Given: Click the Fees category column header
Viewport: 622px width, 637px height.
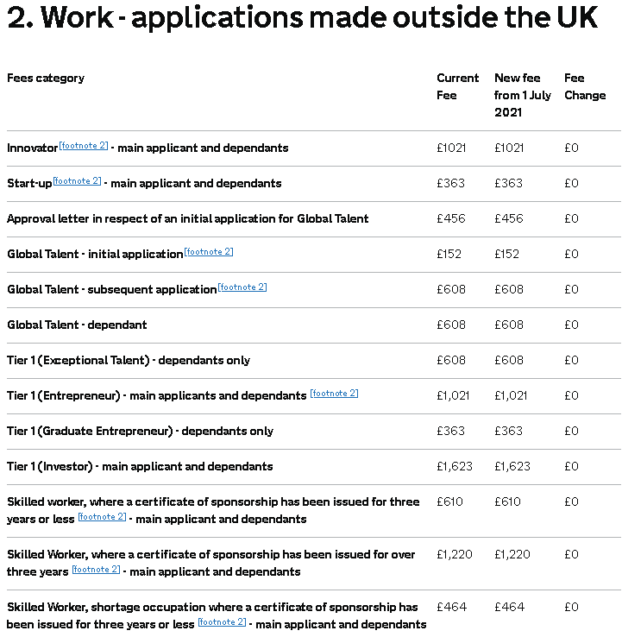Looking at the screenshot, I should pyautogui.click(x=46, y=79).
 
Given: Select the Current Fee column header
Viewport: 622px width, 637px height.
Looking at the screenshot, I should pyautogui.click(x=457, y=86).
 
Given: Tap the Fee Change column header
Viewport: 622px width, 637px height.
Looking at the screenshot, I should pyautogui.click(x=585, y=86).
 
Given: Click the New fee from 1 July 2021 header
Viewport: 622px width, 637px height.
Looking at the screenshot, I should pyautogui.click(x=522, y=95).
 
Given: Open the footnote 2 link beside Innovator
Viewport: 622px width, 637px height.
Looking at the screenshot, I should pyautogui.click(x=84, y=146).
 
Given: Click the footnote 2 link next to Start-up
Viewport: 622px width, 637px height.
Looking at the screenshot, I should pyautogui.click(x=77, y=181).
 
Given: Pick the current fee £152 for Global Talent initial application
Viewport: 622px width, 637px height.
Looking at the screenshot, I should pyautogui.click(x=449, y=255).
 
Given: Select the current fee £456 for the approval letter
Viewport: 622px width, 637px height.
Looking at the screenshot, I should pyautogui.click(x=450, y=219).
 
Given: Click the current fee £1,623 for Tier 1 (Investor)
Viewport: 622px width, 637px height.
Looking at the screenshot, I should pyautogui.click(x=455, y=467).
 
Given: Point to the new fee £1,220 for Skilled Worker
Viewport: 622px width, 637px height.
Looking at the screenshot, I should pyautogui.click(x=512, y=555).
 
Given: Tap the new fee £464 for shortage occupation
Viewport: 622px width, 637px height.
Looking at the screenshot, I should pyautogui.click(x=509, y=608).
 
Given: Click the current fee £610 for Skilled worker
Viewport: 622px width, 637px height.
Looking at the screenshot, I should pyautogui.click(x=450, y=502).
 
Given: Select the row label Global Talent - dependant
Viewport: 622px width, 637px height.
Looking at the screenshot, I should pyautogui.click(x=77, y=325).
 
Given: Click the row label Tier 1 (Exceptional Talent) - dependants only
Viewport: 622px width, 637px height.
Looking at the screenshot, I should pyautogui.click(x=129, y=361).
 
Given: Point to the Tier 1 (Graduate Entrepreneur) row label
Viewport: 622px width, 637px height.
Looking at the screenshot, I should pyautogui.click(x=140, y=432).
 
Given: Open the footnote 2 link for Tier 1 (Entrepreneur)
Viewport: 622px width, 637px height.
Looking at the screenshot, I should pyautogui.click(x=334, y=394).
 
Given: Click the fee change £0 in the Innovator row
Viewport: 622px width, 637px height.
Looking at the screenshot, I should pyautogui.click(x=571, y=148).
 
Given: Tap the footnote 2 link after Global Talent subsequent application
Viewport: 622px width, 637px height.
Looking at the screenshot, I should pyautogui.click(x=242, y=287).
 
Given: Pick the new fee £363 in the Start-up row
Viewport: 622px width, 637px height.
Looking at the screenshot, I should pyautogui.click(x=508, y=184).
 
